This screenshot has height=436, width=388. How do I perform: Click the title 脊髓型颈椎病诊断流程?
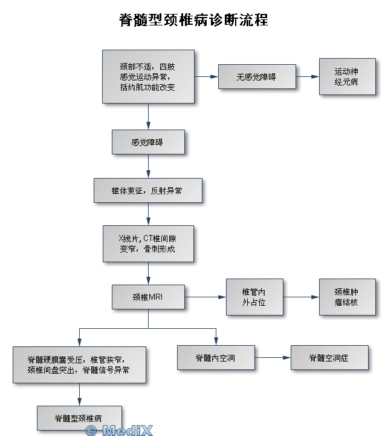click(x=193, y=20)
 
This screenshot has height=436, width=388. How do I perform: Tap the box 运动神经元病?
click(x=346, y=76)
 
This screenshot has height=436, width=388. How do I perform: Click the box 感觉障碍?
click(x=148, y=142)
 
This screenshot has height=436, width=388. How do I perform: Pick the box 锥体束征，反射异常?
click(x=147, y=190)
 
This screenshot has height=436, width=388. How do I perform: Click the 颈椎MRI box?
click(x=148, y=297)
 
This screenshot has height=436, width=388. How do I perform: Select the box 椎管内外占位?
click(x=254, y=297)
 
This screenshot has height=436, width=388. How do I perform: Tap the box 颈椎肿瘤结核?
click(x=346, y=297)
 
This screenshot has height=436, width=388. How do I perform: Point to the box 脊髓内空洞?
click(x=216, y=357)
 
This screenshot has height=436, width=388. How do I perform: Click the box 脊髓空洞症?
click(x=329, y=357)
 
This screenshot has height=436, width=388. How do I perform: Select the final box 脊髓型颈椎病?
click(x=79, y=418)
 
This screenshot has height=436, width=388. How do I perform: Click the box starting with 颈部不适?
click(x=148, y=77)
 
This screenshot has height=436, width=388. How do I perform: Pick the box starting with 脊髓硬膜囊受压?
click(x=79, y=365)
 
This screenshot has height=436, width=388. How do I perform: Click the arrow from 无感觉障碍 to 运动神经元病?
click(x=308, y=77)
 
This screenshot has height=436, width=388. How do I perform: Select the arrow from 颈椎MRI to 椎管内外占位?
click(x=205, y=297)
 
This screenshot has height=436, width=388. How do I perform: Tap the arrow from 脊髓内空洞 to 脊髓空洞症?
click(x=272, y=357)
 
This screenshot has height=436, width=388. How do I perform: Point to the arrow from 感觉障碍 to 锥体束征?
click(x=148, y=166)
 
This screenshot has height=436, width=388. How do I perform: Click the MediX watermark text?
click(x=119, y=430)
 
